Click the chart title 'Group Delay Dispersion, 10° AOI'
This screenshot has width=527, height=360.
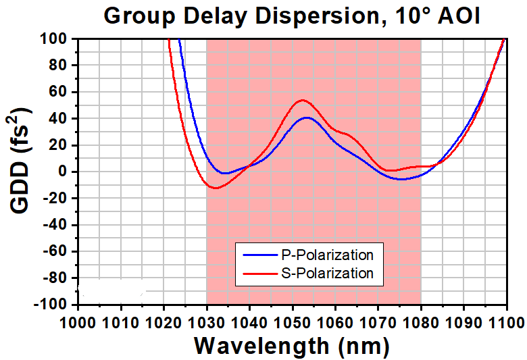pos(292,16)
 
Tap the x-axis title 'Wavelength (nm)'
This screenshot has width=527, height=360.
pos(292,346)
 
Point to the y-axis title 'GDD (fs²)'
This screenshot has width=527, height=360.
pos(20,160)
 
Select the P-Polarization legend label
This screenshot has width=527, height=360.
pos(327,255)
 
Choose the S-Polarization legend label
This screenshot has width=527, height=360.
pos(327,274)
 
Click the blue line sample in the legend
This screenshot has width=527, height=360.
pos(260,255)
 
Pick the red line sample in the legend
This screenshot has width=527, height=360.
pos(260,274)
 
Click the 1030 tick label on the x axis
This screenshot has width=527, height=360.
pos(206,323)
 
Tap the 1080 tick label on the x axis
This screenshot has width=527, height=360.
pos(421,323)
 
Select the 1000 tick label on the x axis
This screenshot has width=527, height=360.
pos(78,323)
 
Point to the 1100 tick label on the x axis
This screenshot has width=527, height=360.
pos(506,323)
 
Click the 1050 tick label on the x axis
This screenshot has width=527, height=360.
pos(292,323)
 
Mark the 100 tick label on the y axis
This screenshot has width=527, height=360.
pos(56,38)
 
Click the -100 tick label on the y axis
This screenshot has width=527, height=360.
pos(52,305)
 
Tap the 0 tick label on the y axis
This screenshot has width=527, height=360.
pos(66,172)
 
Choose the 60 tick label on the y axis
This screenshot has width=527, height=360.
pos(60,92)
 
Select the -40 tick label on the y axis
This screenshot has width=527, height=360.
pos(57,224)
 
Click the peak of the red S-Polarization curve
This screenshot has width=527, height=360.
pos(303,100)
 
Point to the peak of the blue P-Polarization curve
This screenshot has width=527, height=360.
pos(307,118)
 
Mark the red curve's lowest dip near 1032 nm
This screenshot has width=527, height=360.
pos(215,188)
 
